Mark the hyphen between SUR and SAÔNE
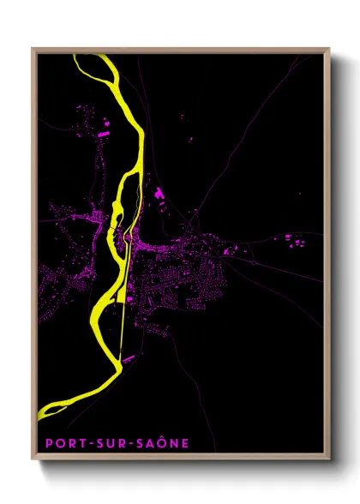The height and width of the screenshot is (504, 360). click(x=126, y=443)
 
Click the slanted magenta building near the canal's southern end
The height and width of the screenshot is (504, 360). click(x=129, y=360)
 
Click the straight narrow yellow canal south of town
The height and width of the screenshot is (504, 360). click(x=123, y=317)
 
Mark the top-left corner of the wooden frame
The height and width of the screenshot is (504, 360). click(x=33, y=49)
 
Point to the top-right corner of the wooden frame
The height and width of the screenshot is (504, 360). click(x=329, y=49)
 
